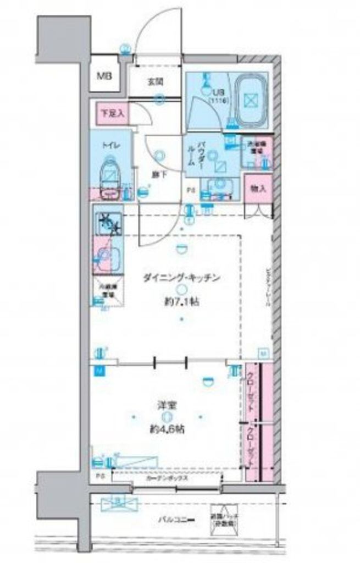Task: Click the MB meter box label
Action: (x=104, y=76)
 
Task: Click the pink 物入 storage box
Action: (x=258, y=188)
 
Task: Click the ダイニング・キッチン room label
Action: (x=181, y=278)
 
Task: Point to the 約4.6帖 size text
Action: (x=168, y=429)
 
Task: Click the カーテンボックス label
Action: (x=168, y=478)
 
